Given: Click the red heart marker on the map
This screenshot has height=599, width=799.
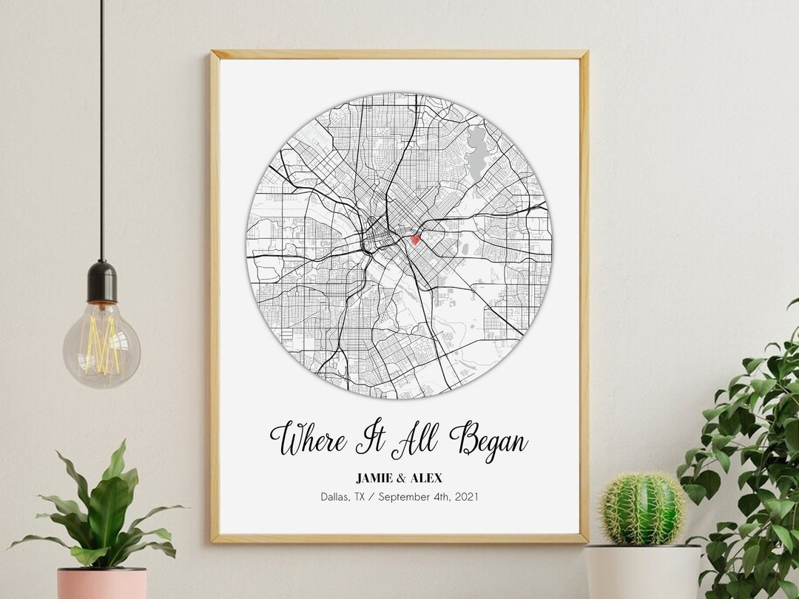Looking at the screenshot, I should coord(415,239).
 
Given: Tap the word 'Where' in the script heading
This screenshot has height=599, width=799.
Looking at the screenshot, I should coord(307,439).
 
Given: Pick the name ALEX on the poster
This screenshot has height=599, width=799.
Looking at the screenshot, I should coord(426,478).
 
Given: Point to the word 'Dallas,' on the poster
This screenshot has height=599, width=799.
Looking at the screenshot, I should coord(336,497).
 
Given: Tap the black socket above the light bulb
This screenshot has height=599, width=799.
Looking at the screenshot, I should coord(101,282).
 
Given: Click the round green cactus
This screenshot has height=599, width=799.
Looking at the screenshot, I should coord(642,510).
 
